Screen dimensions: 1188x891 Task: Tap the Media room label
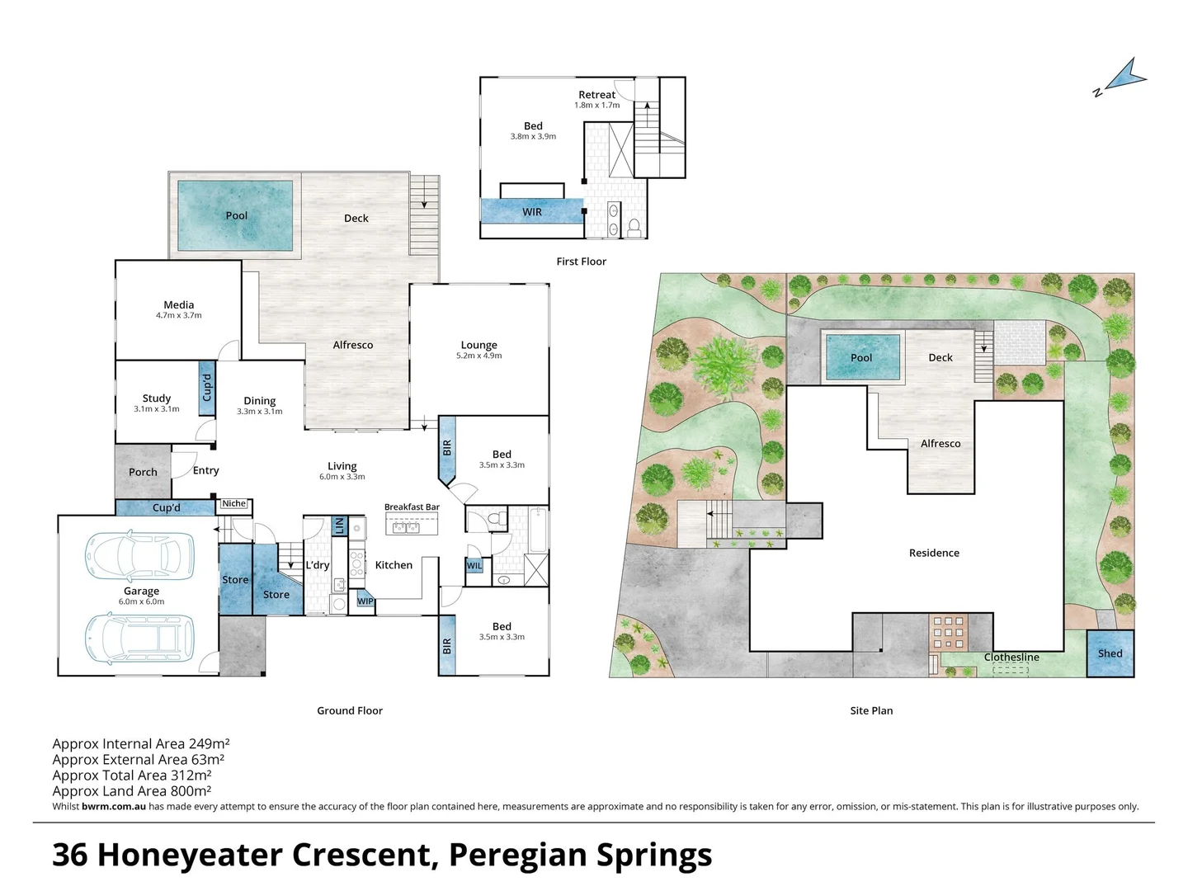click(x=178, y=304)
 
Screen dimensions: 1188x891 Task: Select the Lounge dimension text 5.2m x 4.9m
click(x=479, y=356)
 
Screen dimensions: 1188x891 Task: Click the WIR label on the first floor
click(x=531, y=212)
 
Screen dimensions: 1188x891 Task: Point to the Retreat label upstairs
click(x=596, y=95)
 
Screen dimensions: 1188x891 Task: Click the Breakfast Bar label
click(x=412, y=507)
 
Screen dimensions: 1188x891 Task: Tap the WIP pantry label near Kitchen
click(x=365, y=601)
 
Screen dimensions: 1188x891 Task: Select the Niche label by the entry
click(x=233, y=503)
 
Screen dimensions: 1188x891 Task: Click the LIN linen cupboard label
click(x=339, y=525)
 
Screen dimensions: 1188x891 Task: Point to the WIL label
click(x=474, y=566)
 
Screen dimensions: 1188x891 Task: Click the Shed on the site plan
click(x=1110, y=653)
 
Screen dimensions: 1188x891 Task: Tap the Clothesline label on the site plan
click(x=1011, y=657)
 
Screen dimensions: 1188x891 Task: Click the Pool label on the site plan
click(x=860, y=357)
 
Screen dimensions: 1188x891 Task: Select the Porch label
click(x=143, y=472)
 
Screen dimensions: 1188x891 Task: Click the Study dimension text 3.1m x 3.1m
click(x=157, y=409)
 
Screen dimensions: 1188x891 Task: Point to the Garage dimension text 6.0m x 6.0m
click(x=141, y=601)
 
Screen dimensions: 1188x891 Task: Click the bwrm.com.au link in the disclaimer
click(x=114, y=806)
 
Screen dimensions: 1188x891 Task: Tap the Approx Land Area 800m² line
click(x=131, y=791)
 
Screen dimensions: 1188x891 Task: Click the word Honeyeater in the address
click(x=190, y=855)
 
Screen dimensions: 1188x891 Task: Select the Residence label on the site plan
click(x=934, y=553)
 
